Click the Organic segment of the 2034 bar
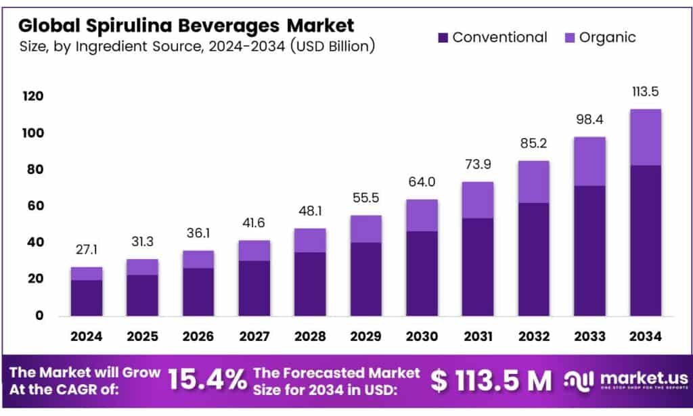[x=645, y=137]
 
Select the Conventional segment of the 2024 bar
[x=86, y=298]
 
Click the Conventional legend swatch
[x=443, y=38]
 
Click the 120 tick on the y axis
[x=32, y=97]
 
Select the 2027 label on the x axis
[x=254, y=336]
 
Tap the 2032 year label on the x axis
[x=533, y=336]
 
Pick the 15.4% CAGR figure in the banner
[x=206, y=381]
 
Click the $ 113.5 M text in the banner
[x=492, y=381]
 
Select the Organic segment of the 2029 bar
[x=365, y=229]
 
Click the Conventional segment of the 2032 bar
[x=533, y=259]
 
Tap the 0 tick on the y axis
[x=39, y=315]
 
